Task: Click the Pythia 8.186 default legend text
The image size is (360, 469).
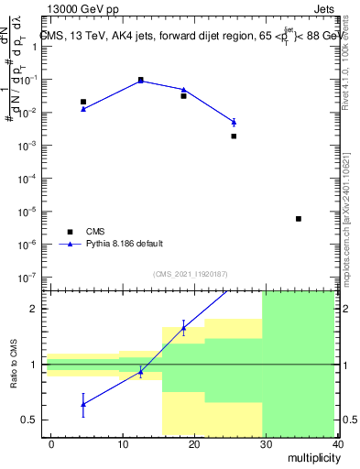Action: tap(125, 244)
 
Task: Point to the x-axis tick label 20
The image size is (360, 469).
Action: tap(194, 443)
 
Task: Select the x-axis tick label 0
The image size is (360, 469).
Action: tap(52, 443)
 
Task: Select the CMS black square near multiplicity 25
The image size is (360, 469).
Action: tap(234, 136)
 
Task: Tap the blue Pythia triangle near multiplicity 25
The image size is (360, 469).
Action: tap(234, 122)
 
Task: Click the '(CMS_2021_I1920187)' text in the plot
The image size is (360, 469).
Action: tap(189, 274)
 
